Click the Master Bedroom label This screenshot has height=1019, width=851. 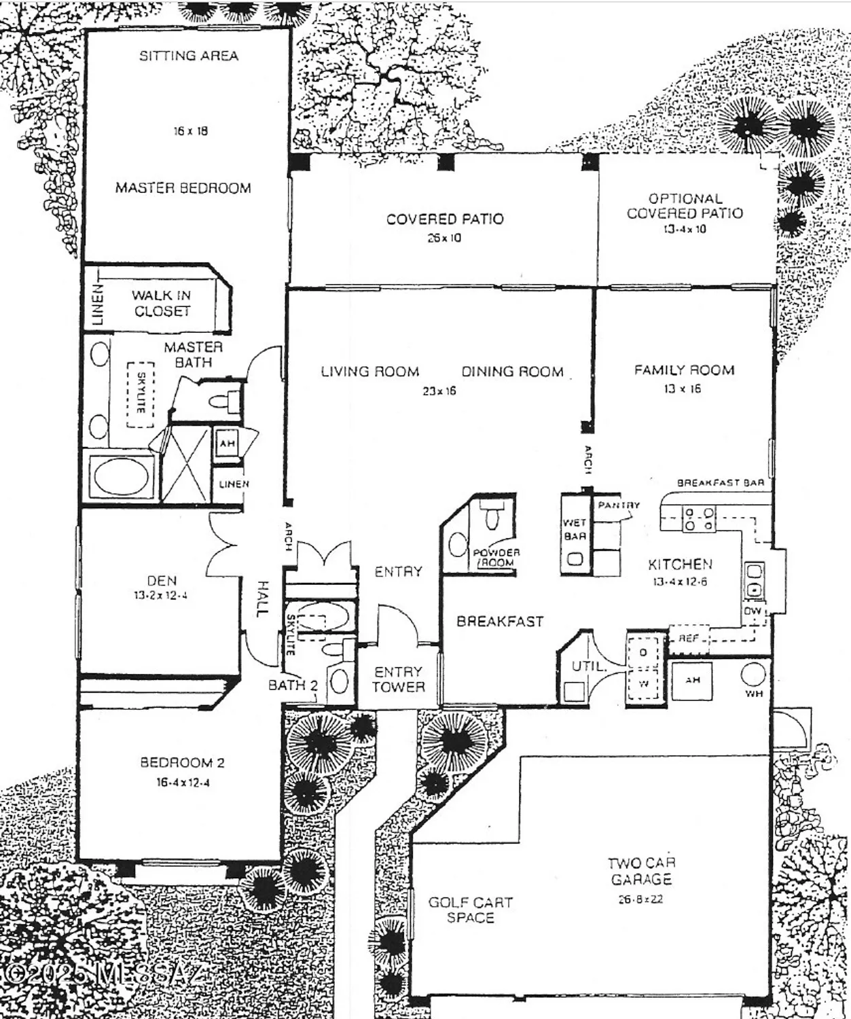pyautogui.click(x=183, y=187)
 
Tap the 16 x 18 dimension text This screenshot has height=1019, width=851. pyautogui.click(x=190, y=131)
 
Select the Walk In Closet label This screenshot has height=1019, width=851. pyautogui.click(x=162, y=303)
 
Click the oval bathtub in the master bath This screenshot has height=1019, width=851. pyautogui.click(x=122, y=477)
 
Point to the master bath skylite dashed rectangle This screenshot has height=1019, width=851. pyautogui.click(x=141, y=394)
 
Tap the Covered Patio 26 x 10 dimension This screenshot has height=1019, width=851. pyautogui.click(x=444, y=238)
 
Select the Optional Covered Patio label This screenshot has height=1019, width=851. pyautogui.click(x=685, y=206)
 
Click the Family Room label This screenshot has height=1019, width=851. pyautogui.click(x=684, y=370)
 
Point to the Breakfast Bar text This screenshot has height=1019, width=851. pyautogui.click(x=720, y=482)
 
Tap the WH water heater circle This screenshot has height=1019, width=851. pyautogui.click(x=753, y=675)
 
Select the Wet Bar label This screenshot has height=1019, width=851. pyautogui.click(x=575, y=529)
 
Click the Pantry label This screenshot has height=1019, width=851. pyautogui.click(x=619, y=505)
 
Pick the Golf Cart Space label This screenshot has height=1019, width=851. pyautogui.click(x=470, y=910)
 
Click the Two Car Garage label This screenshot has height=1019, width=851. pyautogui.click(x=640, y=871)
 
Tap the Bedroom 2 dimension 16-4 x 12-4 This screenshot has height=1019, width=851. pyautogui.click(x=183, y=782)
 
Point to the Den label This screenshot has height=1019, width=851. pyautogui.click(x=162, y=581)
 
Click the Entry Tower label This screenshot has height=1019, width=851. pyautogui.click(x=398, y=679)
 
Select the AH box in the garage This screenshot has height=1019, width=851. pyautogui.click(x=692, y=680)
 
